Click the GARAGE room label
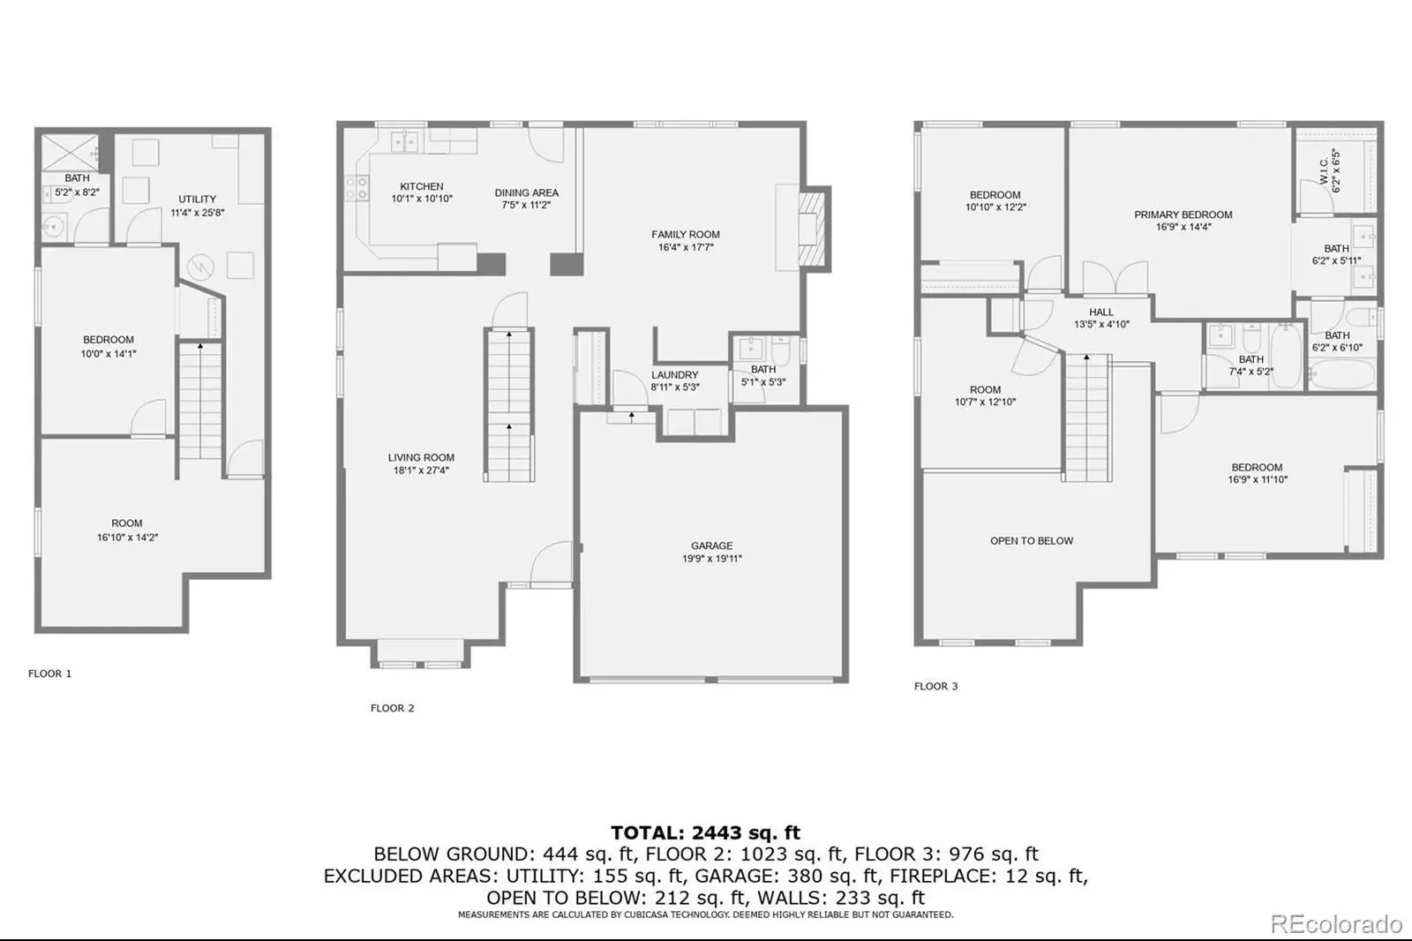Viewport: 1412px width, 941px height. [x=711, y=546]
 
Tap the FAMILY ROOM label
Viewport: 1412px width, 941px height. [x=685, y=235]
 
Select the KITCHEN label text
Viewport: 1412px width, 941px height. [x=422, y=186]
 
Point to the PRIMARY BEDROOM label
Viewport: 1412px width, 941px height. [x=1183, y=215]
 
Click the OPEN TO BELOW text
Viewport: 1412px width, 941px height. [x=1032, y=540]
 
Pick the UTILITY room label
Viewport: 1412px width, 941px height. [x=198, y=199]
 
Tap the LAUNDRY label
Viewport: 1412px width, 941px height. [x=674, y=374]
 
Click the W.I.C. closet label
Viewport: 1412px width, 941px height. [x=1324, y=170]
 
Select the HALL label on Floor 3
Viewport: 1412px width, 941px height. [x=1101, y=312]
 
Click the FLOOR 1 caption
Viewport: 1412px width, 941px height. [x=49, y=674]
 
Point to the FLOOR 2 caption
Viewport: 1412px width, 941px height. [x=392, y=708]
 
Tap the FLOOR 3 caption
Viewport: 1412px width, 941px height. [x=936, y=686]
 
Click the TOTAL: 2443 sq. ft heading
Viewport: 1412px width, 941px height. [x=705, y=832]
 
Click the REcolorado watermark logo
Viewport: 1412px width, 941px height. [x=1336, y=924]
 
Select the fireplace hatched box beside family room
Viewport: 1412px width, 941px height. [x=811, y=229]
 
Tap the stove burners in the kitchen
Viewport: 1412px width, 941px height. [x=357, y=189]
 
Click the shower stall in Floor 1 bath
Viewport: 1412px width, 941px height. [x=70, y=153]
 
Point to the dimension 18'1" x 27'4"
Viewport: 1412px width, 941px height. [x=421, y=470]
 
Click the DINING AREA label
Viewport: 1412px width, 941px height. [x=526, y=193]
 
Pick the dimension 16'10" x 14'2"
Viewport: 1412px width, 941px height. [x=127, y=538]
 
